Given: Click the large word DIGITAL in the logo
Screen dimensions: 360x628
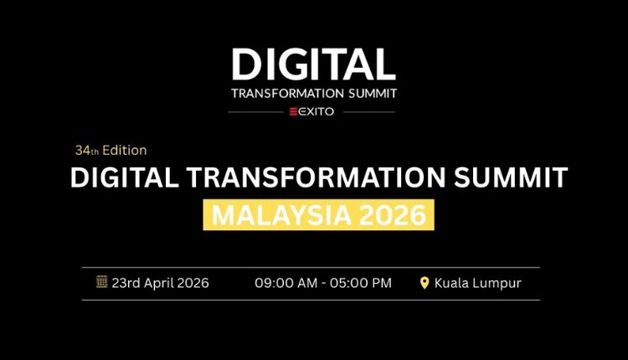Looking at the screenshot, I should pos(313,64).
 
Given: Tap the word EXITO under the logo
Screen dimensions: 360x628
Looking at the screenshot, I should pos(319,111).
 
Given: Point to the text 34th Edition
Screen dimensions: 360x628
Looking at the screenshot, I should pos(111,151).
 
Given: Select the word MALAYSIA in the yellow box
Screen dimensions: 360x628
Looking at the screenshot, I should pos(277,215).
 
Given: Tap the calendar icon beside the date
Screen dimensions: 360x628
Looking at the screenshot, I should pos(102,282).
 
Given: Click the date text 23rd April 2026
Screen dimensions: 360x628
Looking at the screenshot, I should pos(161,283).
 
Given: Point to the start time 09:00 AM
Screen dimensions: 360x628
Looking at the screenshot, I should pos(285,283).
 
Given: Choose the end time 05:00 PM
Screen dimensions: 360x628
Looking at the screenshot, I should pos(362,283).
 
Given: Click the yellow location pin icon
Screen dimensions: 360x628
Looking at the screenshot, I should pos(425,283).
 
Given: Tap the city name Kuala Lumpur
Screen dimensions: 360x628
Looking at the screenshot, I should pos(477,283).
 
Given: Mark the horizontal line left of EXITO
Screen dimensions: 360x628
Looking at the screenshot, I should pos(257,111).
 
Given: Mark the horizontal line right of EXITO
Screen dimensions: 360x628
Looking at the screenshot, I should pos(368,111).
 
